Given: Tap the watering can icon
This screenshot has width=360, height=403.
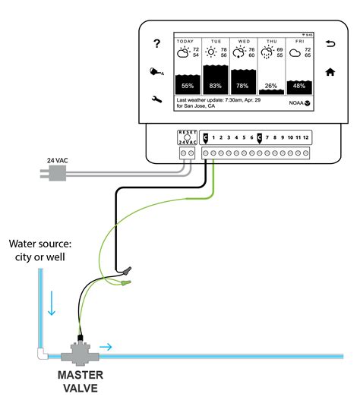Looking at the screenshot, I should [x=156, y=73].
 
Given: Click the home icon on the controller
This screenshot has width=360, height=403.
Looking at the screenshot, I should [x=330, y=73].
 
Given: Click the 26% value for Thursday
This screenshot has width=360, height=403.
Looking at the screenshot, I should [x=271, y=86].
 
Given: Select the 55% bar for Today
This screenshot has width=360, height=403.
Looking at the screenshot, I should [x=188, y=85].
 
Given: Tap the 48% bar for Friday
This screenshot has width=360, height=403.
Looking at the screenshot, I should [x=299, y=86].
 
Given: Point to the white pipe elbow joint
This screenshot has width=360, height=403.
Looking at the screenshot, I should [x=39, y=354].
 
